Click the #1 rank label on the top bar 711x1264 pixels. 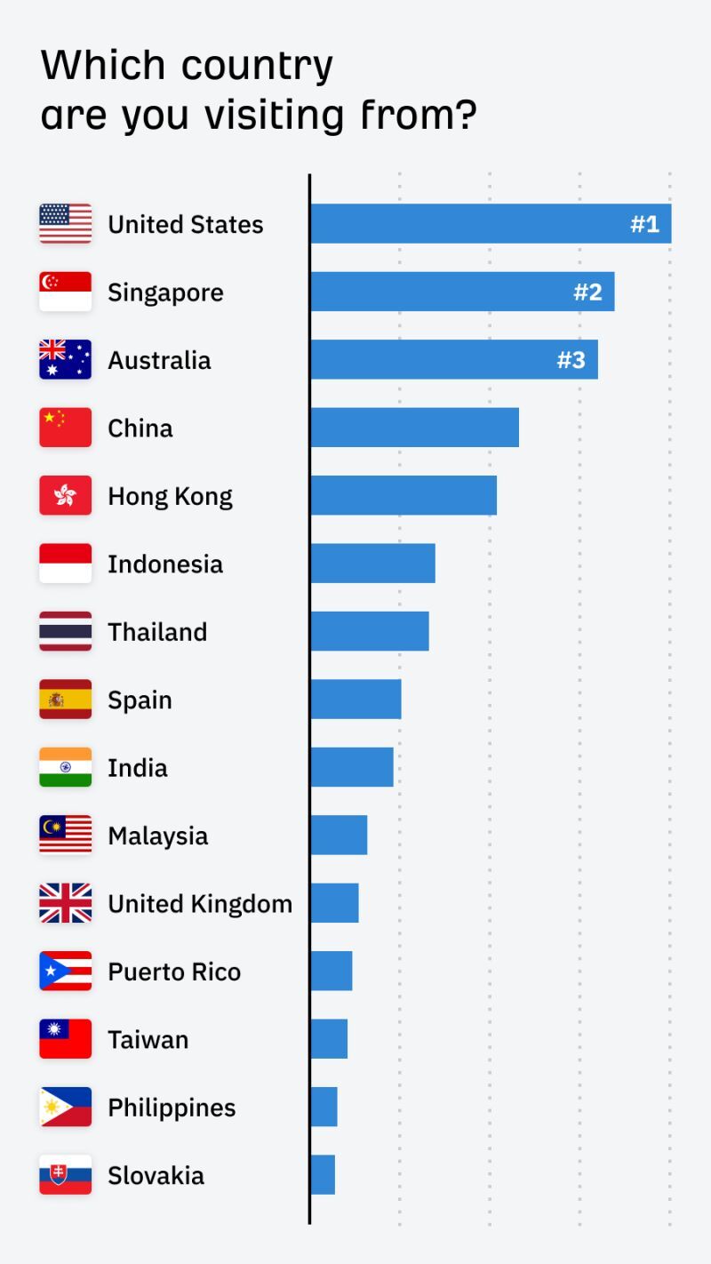click(645, 224)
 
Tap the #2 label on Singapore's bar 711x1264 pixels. click(588, 292)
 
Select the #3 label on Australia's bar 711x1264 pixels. click(571, 360)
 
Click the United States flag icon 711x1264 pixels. click(65, 224)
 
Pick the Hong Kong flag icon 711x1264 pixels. click(65, 496)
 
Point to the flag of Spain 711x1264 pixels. click(65, 700)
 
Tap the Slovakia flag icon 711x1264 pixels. click(65, 1175)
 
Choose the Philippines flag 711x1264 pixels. click(65, 1108)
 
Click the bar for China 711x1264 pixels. click(414, 428)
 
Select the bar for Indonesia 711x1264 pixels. click(372, 564)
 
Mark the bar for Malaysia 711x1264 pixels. click(339, 836)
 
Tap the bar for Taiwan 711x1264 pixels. click(329, 1039)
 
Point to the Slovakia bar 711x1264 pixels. click(323, 1175)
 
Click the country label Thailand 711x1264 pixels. click(157, 632)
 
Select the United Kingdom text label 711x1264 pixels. click(200, 904)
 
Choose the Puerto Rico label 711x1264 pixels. click(174, 972)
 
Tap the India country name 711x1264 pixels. click(138, 768)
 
